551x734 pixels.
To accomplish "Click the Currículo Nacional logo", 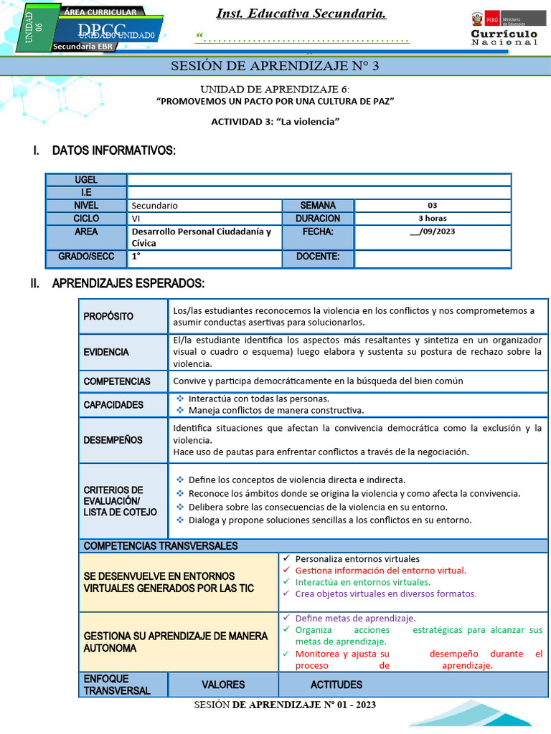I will pyautogui.click(x=504, y=29).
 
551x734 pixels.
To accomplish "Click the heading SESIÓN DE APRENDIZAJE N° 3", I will pyautogui.click(x=275, y=67).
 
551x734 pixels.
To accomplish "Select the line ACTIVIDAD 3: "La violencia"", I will pyautogui.click(x=275, y=121).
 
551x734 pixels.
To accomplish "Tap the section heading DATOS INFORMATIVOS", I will pyautogui.click(x=113, y=151).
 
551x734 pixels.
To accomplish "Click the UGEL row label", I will pyautogui.click(x=86, y=180).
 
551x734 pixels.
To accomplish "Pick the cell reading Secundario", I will pyautogui.click(x=154, y=206).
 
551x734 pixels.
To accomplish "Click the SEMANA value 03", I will pyautogui.click(x=432, y=206).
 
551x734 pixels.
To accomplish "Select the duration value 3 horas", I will pyautogui.click(x=432, y=219).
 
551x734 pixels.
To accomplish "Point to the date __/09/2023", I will pyautogui.click(x=432, y=232).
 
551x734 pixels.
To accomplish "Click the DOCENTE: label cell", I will pyautogui.click(x=318, y=257).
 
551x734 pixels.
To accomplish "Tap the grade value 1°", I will pyautogui.click(x=136, y=257).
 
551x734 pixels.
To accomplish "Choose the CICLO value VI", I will pyautogui.click(x=136, y=219).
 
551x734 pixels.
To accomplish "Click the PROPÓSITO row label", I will pyautogui.click(x=108, y=317).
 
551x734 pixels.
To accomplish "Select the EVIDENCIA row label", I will pyautogui.click(x=106, y=352).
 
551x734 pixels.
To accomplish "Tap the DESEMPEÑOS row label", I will pyautogui.click(x=113, y=440).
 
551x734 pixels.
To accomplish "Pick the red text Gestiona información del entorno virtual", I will pyautogui.click(x=380, y=571).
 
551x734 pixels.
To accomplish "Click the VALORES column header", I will pyautogui.click(x=223, y=685).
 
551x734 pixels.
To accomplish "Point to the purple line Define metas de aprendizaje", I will pyautogui.click(x=355, y=618).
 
